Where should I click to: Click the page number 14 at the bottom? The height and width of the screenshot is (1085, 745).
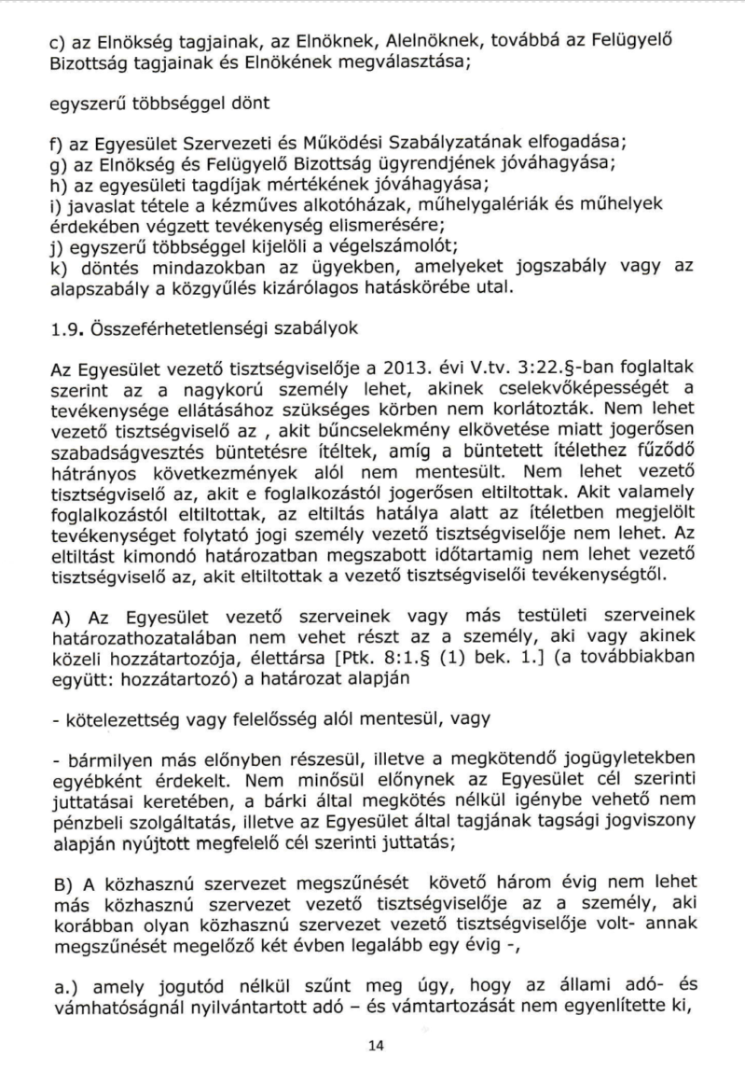[376, 1046]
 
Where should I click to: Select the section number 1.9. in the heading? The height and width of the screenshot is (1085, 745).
[64, 328]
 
